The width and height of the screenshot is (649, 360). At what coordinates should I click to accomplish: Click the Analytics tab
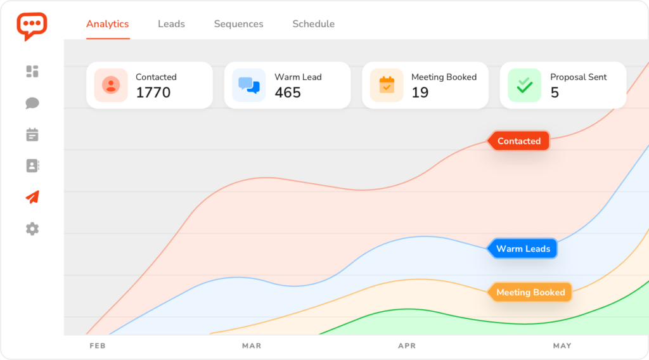tap(107, 24)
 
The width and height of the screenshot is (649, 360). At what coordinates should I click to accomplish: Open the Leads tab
tap(171, 24)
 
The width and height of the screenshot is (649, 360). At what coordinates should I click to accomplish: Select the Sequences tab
tap(238, 24)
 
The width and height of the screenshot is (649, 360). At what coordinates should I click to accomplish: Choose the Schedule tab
tap(313, 24)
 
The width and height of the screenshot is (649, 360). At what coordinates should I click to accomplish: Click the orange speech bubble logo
tap(32, 26)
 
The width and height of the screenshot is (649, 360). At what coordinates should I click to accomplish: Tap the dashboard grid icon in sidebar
tap(32, 72)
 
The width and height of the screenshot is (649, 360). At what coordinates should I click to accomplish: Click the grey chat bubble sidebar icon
tap(32, 103)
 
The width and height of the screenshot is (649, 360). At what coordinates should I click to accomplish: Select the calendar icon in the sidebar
tap(32, 134)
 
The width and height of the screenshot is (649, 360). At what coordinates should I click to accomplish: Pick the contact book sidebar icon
tap(32, 166)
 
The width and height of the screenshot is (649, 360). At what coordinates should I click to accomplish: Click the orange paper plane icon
tap(32, 197)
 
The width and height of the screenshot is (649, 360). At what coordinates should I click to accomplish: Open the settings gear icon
tap(32, 229)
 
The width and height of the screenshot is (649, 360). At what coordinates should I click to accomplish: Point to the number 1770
tap(153, 93)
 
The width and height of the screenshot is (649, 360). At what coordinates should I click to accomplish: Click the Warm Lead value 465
tap(288, 93)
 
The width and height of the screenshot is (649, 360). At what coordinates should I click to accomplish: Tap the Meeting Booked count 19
tap(420, 93)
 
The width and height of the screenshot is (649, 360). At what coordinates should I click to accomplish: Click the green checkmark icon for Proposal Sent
tap(524, 85)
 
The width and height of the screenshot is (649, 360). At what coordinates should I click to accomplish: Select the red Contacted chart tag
tap(519, 141)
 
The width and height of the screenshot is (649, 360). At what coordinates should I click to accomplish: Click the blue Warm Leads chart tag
tap(523, 249)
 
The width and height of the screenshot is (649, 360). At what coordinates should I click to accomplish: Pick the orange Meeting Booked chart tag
tap(530, 293)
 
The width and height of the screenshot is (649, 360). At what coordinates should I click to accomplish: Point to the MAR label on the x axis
tap(252, 346)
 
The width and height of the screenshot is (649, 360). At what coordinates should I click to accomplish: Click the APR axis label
tap(407, 346)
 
